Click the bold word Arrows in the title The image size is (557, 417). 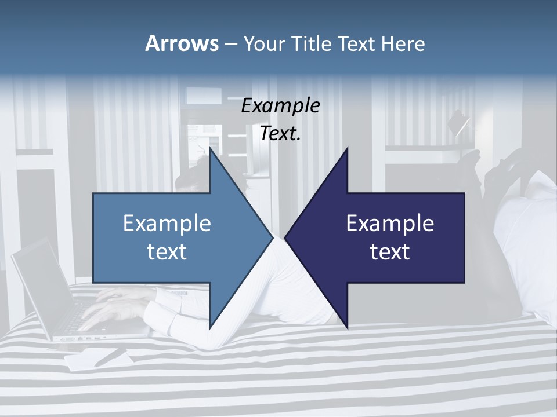point(182,43)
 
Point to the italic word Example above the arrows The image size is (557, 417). point(280,106)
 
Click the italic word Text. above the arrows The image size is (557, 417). point(280,134)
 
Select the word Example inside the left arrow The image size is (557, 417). point(167,224)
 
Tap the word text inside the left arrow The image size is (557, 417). point(167,251)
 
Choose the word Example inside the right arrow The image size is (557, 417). point(390,224)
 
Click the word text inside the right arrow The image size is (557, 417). point(390,251)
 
